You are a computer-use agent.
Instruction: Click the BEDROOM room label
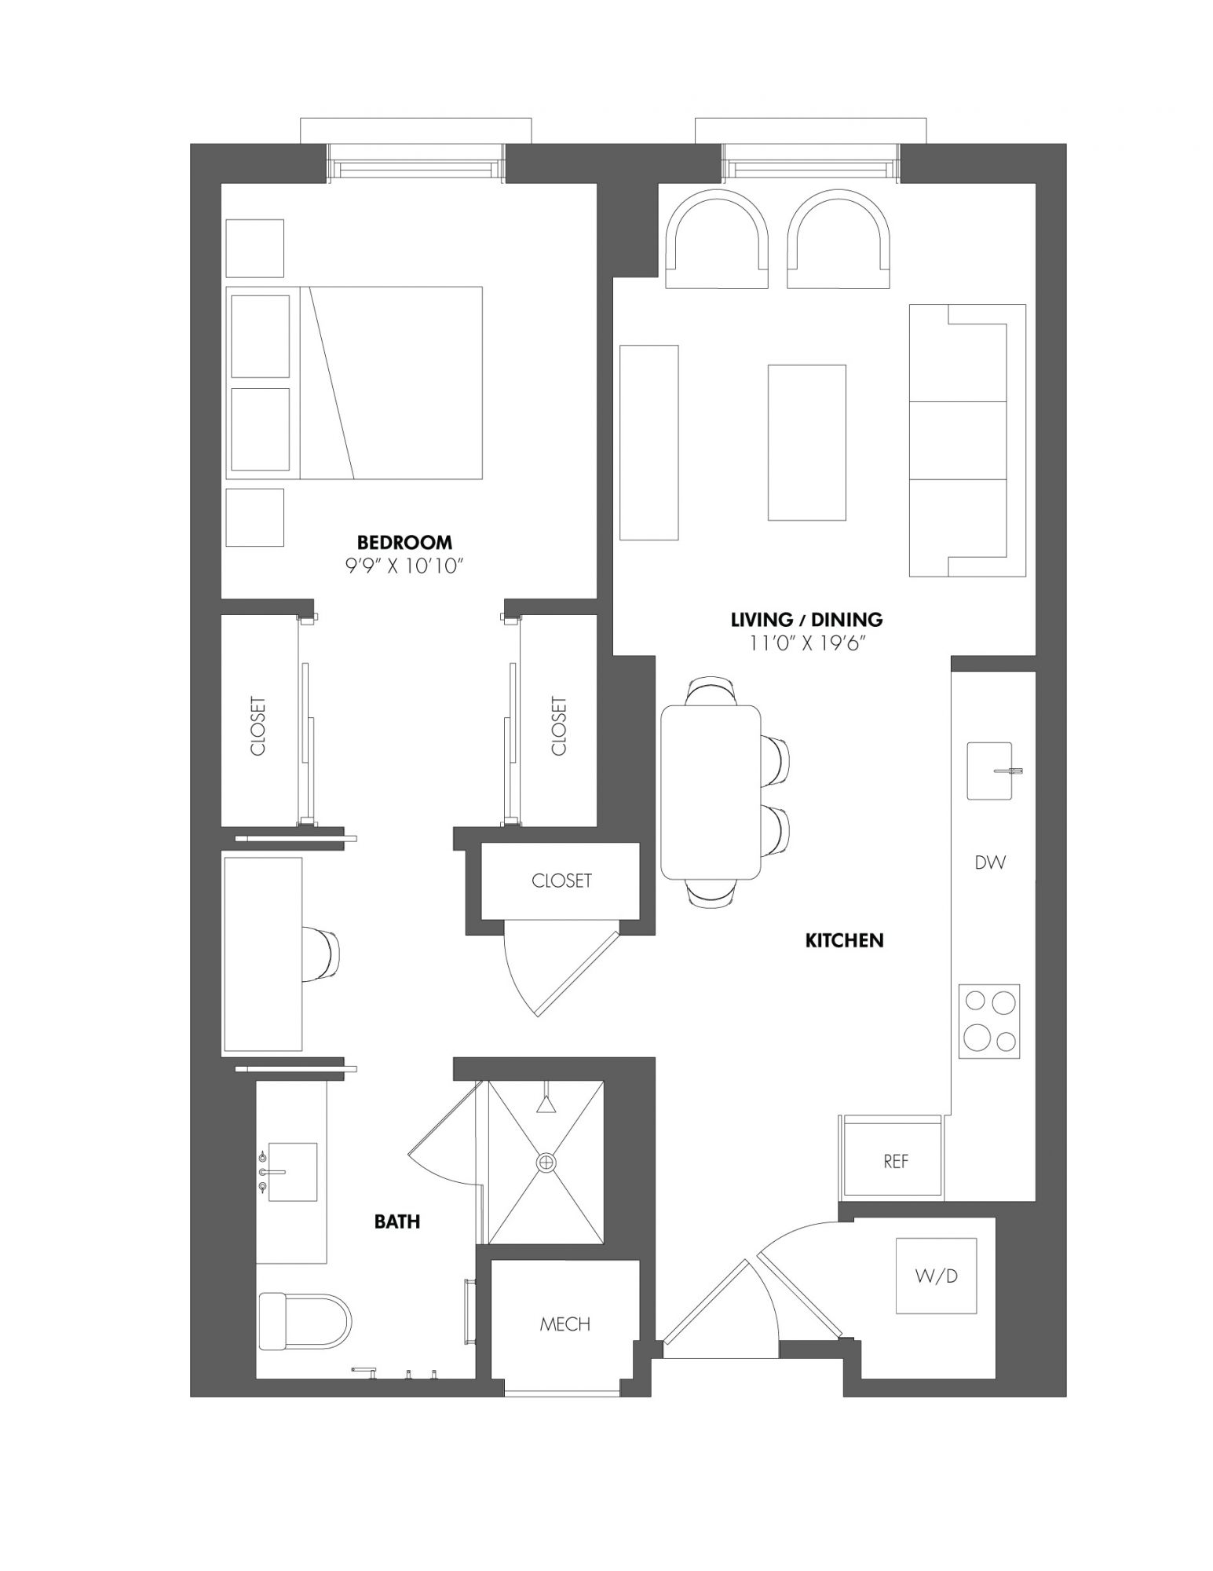pyautogui.click(x=404, y=542)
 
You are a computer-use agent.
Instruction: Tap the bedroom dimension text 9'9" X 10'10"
pyautogui.click(x=405, y=566)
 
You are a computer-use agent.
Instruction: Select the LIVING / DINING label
pyautogui.click(x=807, y=620)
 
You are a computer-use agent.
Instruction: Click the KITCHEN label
pyautogui.click(x=845, y=940)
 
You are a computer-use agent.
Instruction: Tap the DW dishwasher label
pyautogui.click(x=990, y=862)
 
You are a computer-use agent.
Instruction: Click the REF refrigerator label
pyautogui.click(x=896, y=1161)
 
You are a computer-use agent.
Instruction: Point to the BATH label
pyautogui.click(x=397, y=1221)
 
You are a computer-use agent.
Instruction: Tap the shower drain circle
pyautogui.click(x=546, y=1162)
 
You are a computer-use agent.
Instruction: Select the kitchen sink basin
pyautogui.click(x=989, y=771)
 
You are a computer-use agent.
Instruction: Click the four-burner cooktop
pyautogui.click(x=989, y=1020)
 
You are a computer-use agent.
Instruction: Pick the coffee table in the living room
pyautogui.click(x=807, y=442)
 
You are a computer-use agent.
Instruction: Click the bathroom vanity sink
pyautogui.click(x=292, y=1172)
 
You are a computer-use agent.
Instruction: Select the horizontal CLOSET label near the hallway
pyautogui.click(x=561, y=881)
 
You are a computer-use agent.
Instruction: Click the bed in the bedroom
pyautogui.click(x=354, y=383)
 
